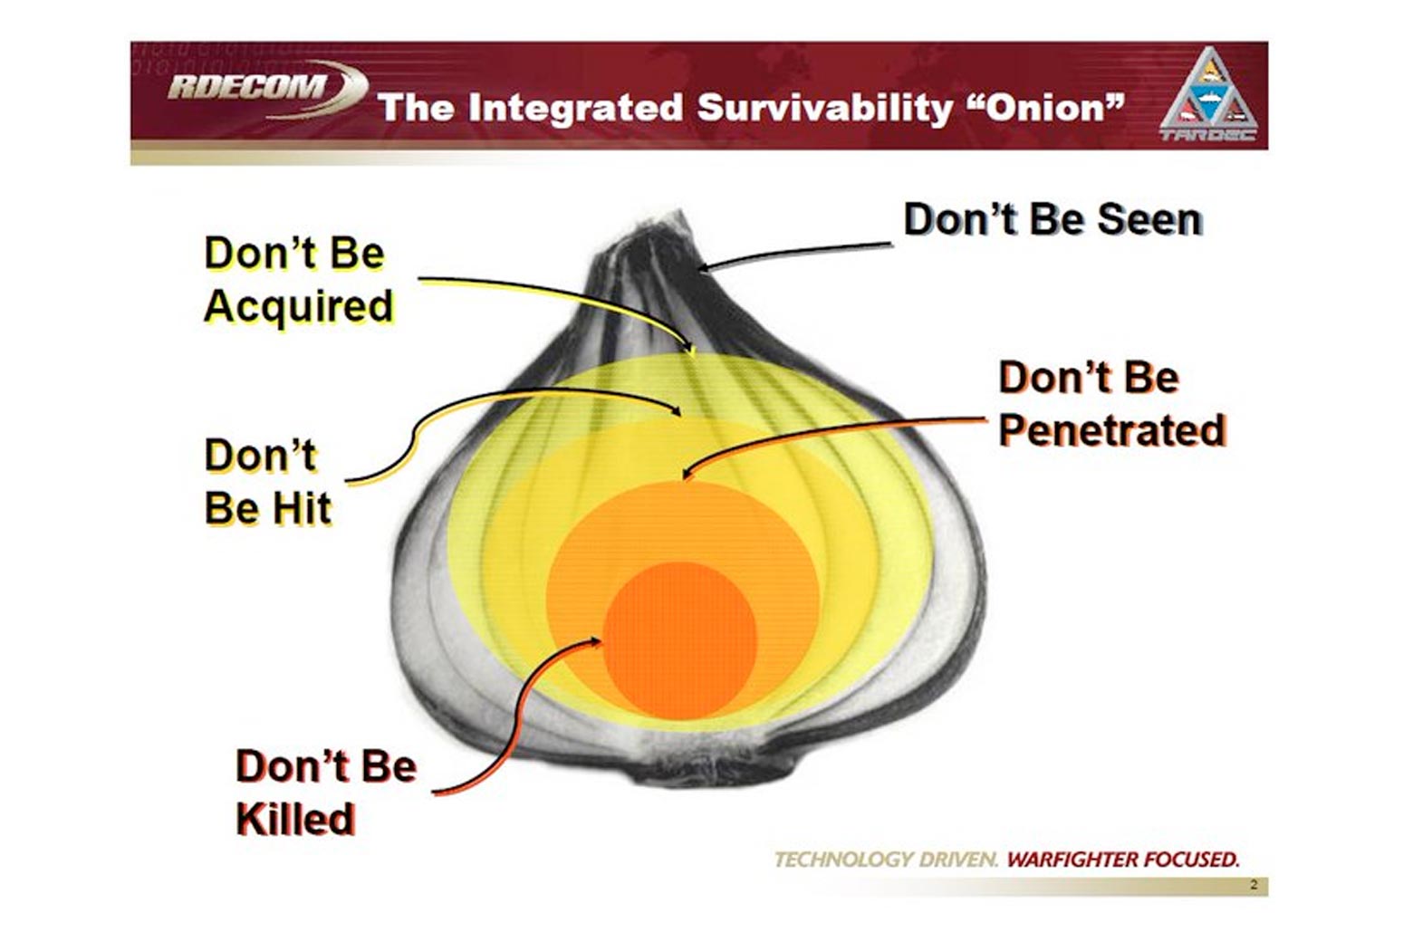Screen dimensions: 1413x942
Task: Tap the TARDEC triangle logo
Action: coord(1208,93)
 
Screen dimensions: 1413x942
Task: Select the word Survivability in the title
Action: coord(825,109)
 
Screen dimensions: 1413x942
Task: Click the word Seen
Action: coord(1150,220)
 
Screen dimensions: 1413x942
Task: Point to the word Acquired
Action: coord(299,307)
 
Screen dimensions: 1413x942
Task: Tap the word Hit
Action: coord(301,508)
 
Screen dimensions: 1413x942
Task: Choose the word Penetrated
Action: coord(1112,430)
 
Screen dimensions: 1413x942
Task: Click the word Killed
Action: coord(296,819)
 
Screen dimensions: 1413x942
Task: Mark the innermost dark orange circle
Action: coord(680,639)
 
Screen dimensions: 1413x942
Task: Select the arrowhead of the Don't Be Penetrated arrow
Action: coord(687,474)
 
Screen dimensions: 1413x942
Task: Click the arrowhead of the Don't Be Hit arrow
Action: coord(675,410)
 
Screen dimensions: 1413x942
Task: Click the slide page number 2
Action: coord(1254,885)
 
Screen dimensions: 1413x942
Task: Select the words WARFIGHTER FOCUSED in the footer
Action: coord(1123,860)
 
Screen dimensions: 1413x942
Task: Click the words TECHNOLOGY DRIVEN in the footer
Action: coord(886,860)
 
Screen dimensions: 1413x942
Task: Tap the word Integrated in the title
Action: coord(575,109)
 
